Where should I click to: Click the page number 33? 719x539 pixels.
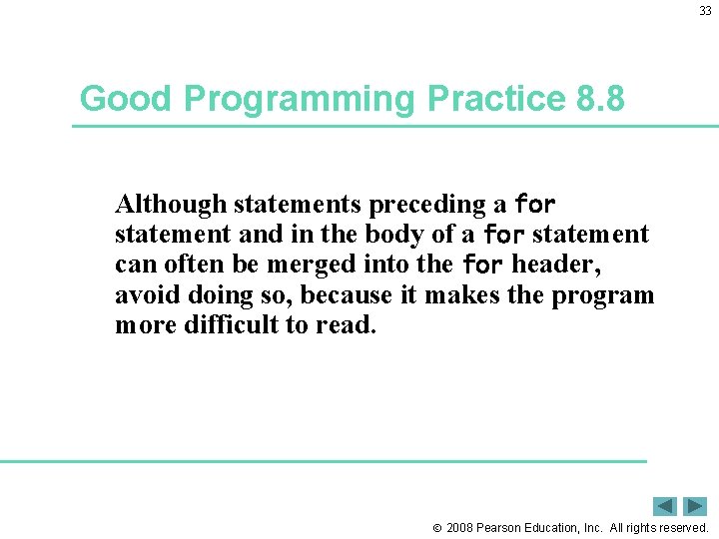point(705,11)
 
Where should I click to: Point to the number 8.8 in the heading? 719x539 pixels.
point(601,99)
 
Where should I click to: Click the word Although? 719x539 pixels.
point(171,205)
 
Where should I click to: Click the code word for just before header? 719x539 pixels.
point(482,266)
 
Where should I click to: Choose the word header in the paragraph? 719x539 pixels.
point(557,266)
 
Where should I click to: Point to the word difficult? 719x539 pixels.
point(232,325)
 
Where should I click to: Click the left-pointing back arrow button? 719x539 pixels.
point(665,506)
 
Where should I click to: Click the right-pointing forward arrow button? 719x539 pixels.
point(695,506)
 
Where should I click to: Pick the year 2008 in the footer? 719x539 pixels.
point(460,527)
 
